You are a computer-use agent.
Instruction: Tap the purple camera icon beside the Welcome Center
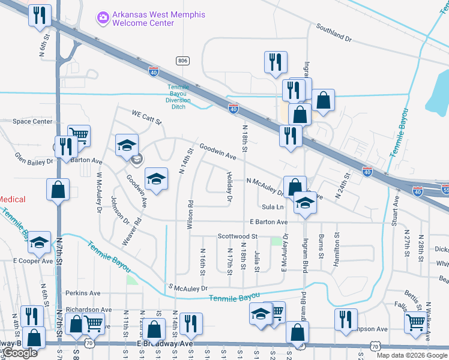[103, 18]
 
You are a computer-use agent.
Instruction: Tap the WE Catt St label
[148, 116]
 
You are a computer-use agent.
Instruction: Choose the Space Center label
[32, 121]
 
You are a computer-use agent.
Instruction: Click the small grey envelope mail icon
[137, 159]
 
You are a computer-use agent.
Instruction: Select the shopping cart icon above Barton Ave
[78, 135]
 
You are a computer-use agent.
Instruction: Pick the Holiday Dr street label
[229, 185]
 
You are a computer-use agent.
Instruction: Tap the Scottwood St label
[237, 236]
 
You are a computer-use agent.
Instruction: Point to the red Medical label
[13, 199]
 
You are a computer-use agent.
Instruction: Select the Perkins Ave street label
[83, 293]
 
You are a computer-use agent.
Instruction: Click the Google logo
[20, 353]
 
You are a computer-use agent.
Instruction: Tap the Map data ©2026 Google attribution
[411, 355]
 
